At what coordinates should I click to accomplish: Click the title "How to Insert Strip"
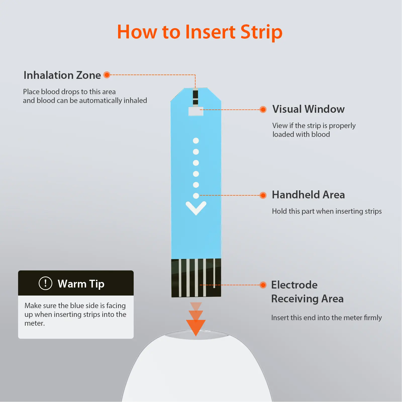pos(200,32)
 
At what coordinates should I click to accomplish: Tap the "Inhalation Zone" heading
pos(62,75)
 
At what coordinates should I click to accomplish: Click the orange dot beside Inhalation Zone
pos(107,75)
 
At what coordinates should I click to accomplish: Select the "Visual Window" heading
pos(309,109)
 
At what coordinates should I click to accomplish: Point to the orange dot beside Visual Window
pos(263,109)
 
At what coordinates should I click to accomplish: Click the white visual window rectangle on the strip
pos(196,111)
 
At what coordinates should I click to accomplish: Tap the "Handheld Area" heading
pos(309,195)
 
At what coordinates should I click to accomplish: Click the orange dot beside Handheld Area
pos(263,195)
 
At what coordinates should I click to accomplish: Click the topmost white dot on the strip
pos(196,141)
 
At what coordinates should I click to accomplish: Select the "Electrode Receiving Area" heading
pos(307,292)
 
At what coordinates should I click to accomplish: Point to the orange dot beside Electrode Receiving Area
pos(263,285)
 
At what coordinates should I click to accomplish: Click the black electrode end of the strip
pos(196,278)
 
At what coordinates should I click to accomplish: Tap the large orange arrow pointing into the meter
pos(196,326)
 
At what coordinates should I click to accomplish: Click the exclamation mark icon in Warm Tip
pos(45,283)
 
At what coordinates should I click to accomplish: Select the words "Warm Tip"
pos(81,284)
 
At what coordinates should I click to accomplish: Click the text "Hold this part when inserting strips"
pos(327,211)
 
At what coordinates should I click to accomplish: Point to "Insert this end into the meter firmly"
pos(327,318)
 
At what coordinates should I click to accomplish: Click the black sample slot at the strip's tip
pos(195,97)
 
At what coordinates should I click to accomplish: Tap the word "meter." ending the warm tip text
pos(35,323)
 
